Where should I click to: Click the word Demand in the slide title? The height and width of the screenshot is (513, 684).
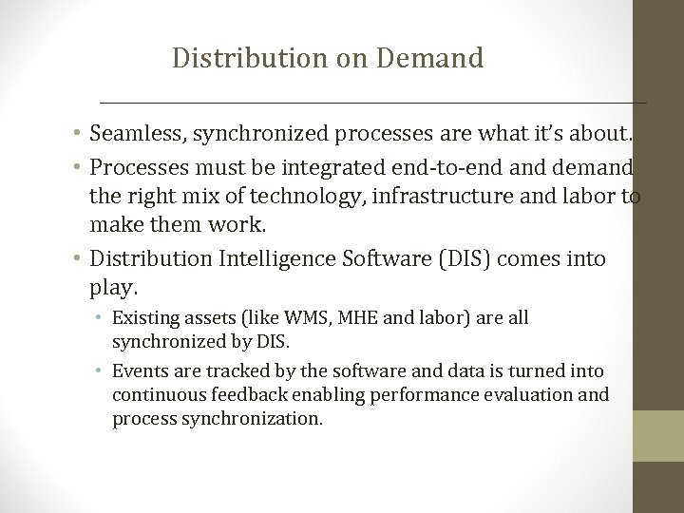click(x=429, y=59)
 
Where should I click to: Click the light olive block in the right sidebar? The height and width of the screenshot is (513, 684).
click(x=658, y=435)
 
